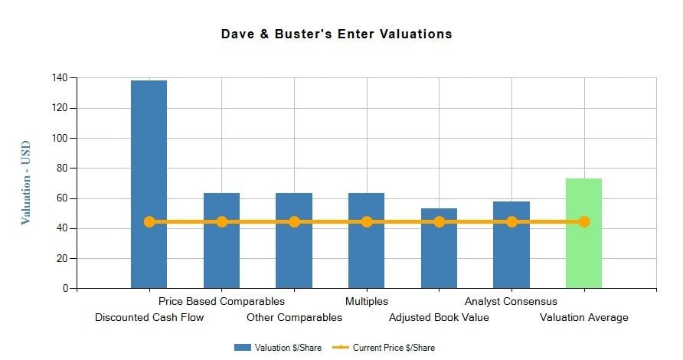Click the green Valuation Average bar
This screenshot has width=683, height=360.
click(x=583, y=245)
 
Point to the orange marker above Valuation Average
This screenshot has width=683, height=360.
click(x=584, y=222)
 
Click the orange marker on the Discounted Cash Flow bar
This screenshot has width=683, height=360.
click(x=149, y=222)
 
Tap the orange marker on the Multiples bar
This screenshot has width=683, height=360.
click(x=367, y=222)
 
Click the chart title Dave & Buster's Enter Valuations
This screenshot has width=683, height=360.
click(x=337, y=34)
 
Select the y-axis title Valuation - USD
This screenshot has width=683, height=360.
click(x=26, y=182)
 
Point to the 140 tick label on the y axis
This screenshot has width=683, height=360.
click(x=59, y=78)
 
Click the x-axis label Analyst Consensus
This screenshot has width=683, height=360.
click(x=511, y=302)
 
